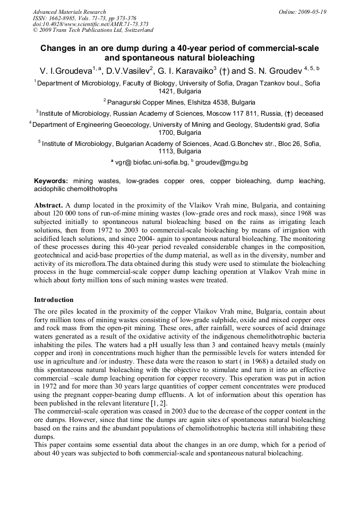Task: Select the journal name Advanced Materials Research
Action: click(x=69, y=12)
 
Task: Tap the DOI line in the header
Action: click(x=90, y=24)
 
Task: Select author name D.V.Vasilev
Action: click(x=128, y=71)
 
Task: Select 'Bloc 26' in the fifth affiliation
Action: click(x=279, y=143)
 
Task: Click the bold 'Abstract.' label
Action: click(x=49, y=204)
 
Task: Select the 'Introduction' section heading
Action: click(x=54, y=300)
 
